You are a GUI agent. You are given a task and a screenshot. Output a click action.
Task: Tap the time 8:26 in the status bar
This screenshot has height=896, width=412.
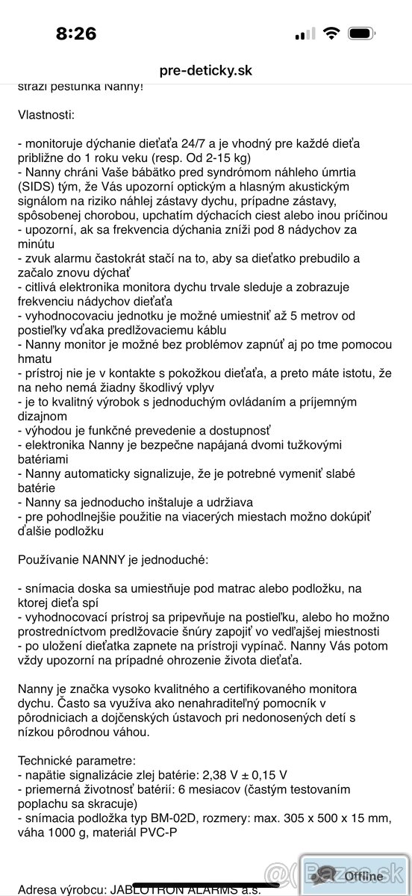point(76,34)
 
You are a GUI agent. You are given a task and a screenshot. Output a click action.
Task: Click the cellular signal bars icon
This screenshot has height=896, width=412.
point(304,34)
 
